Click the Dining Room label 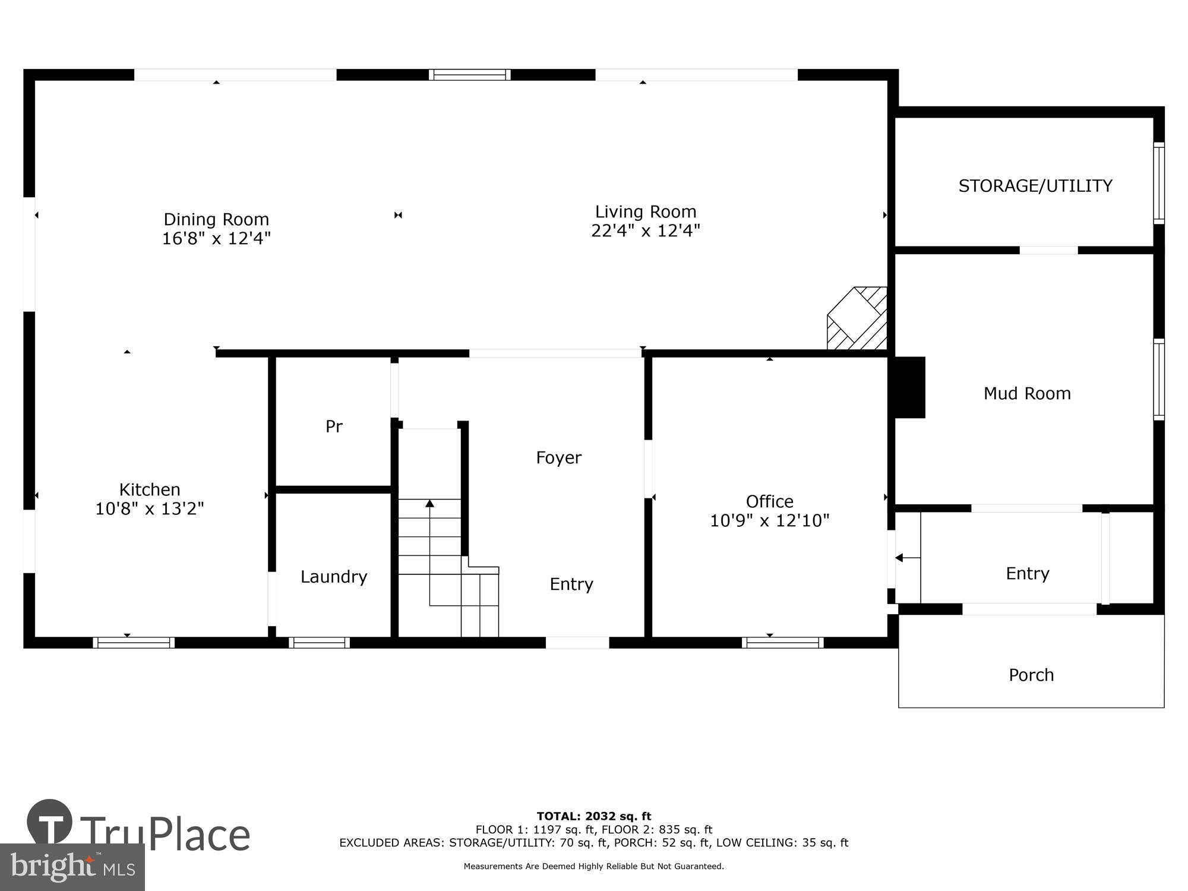coord(216,219)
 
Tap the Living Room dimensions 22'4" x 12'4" coord(645,230)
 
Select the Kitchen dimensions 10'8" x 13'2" coord(150,508)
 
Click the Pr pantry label coord(334,426)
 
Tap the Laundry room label coord(333,576)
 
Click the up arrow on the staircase coord(429,504)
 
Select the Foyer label coord(558,457)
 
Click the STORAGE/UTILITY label coord(1035,186)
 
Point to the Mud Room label coord(1027,393)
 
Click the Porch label coord(1031,675)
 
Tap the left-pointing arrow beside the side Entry coord(900,558)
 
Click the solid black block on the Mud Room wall coord(909,387)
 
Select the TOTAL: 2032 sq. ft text coord(593,816)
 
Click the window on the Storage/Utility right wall coord(1158,183)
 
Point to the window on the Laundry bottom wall coord(319,642)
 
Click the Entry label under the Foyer coord(571,584)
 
